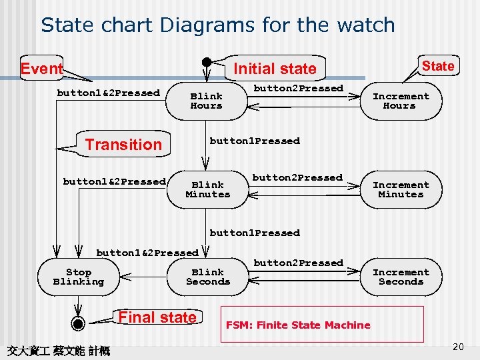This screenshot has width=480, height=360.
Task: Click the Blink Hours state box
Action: click(207, 101)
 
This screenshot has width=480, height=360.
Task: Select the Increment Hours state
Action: click(401, 101)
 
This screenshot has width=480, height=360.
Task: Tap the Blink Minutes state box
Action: click(207, 189)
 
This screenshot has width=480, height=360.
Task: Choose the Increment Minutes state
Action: click(401, 189)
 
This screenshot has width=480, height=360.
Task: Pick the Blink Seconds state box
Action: click(208, 277)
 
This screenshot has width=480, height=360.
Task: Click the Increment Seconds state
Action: click(401, 277)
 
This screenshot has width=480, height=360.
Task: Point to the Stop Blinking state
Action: click(79, 277)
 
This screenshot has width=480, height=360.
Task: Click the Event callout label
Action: click(41, 69)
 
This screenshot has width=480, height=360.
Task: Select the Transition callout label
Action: click(123, 145)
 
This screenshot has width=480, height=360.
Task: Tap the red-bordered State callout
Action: click(438, 66)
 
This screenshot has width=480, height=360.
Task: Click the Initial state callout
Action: click(275, 69)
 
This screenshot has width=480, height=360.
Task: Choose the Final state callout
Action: click(157, 317)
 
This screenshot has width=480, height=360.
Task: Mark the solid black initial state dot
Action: click(207, 62)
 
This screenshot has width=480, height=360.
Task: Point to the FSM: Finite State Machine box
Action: click(322, 325)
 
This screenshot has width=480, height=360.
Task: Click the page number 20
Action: click(457, 347)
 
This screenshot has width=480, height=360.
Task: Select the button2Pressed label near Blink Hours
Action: click(298, 89)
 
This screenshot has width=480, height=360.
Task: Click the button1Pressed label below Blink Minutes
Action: click(255, 233)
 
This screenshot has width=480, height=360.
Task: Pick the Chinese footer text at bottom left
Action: click(58, 349)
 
